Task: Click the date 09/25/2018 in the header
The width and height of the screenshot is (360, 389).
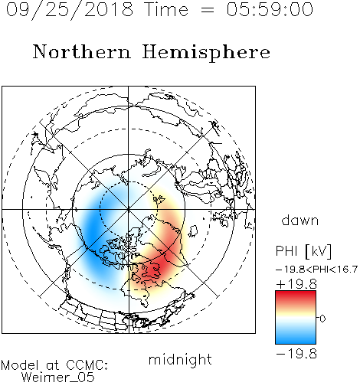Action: (x=70, y=9)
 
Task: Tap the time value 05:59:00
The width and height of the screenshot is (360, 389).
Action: (x=270, y=9)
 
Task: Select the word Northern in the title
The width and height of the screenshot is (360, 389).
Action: (x=81, y=51)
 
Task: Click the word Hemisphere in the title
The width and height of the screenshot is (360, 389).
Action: (x=206, y=52)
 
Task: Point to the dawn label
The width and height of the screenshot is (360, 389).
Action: (x=300, y=220)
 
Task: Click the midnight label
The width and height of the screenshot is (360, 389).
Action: (x=180, y=359)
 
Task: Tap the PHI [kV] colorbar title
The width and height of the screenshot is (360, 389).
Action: (x=303, y=251)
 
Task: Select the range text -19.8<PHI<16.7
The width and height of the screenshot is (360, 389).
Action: (x=316, y=270)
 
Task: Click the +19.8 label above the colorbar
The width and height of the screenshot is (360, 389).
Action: (x=296, y=284)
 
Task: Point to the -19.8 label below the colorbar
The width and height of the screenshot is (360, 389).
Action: (x=296, y=354)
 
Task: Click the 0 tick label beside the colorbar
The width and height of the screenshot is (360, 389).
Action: (x=322, y=319)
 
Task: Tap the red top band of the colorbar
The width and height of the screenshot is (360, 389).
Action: (x=296, y=296)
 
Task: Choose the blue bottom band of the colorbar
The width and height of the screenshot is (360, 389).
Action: (x=296, y=338)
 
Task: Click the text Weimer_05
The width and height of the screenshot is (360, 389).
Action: (x=58, y=378)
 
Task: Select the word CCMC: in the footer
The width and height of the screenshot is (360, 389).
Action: (x=87, y=365)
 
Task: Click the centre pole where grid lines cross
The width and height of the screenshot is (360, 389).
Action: (x=129, y=209)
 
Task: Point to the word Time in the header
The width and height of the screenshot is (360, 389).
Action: (x=166, y=9)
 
